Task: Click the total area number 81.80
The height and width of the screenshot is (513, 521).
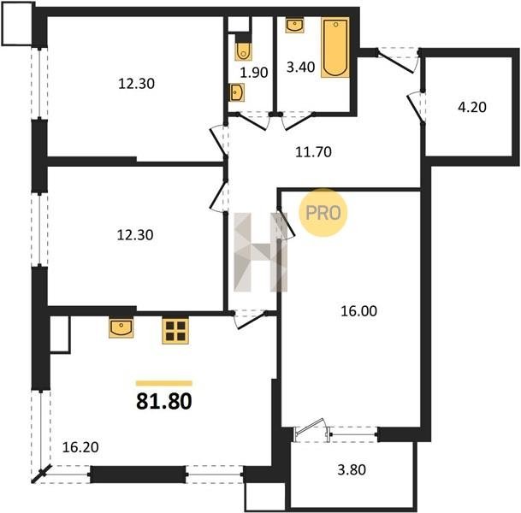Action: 164,401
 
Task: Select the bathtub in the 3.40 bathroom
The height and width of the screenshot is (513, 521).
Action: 335,48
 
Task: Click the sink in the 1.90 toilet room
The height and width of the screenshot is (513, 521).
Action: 237,92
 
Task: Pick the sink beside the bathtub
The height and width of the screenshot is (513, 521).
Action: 294,26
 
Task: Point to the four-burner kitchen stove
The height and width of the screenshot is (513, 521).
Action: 175,331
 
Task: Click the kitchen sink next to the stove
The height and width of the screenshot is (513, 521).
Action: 121,327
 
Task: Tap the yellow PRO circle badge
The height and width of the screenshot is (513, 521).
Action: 323,213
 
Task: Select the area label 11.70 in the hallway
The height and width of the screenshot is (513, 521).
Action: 313,152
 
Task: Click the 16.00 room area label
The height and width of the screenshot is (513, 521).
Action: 358,311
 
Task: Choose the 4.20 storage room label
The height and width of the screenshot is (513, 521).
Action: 472,107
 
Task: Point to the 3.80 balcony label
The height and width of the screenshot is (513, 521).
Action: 352,470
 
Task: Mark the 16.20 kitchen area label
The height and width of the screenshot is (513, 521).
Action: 80,447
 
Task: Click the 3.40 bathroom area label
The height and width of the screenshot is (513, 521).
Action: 300,67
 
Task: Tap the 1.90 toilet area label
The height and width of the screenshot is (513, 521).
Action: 254,73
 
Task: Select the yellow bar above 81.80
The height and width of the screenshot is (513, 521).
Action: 164,383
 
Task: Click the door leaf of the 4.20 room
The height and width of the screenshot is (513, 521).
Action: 415,109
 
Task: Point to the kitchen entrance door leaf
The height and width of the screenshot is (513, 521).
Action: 252,321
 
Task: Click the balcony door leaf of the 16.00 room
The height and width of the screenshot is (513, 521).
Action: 309,426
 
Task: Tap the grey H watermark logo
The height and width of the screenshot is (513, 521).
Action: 260,252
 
